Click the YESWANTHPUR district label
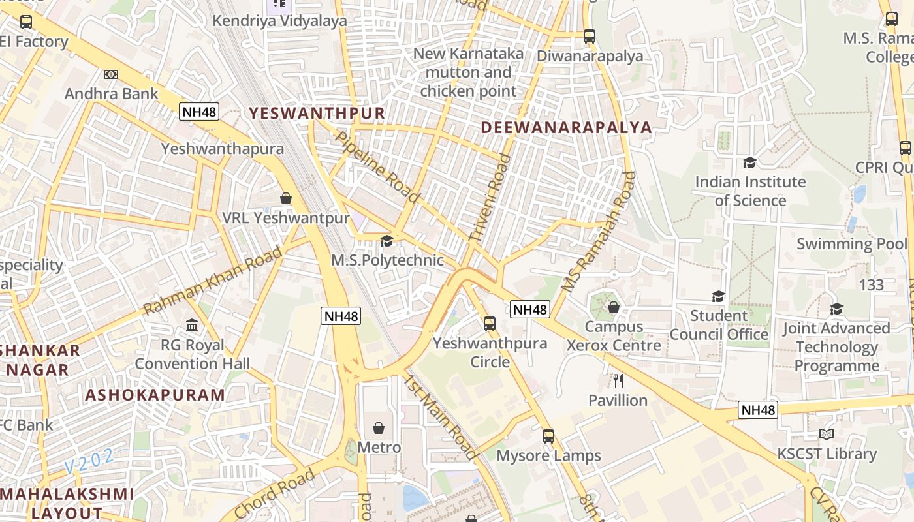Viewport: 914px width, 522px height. tap(317, 113)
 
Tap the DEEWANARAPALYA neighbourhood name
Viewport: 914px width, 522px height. tap(567, 127)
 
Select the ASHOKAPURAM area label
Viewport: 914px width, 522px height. tap(155, 395)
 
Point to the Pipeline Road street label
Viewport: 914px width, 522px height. tap(377, 166)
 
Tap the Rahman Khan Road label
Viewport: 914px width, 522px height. tap(213, 280)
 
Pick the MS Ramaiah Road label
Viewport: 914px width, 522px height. tap(598, 231)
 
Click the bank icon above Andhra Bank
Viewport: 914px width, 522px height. tap(111, 74)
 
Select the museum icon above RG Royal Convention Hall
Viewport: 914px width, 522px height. tap(192, 325)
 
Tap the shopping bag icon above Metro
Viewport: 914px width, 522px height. tap(379, 428)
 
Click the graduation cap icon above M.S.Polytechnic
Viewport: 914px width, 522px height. tap(386, 241)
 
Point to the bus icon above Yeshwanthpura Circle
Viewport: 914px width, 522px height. tap(489, 323)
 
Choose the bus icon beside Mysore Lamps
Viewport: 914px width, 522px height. tap(548, 436)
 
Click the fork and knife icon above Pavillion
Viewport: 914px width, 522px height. tap(618, 381)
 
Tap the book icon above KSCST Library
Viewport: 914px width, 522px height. tap(827, 434)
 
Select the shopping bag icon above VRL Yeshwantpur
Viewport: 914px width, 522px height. tap(285, 198)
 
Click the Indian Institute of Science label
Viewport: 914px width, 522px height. tap(750, 191)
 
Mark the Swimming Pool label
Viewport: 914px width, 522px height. tap(851, 244)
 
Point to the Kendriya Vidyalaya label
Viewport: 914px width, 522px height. tap(279, 21)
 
